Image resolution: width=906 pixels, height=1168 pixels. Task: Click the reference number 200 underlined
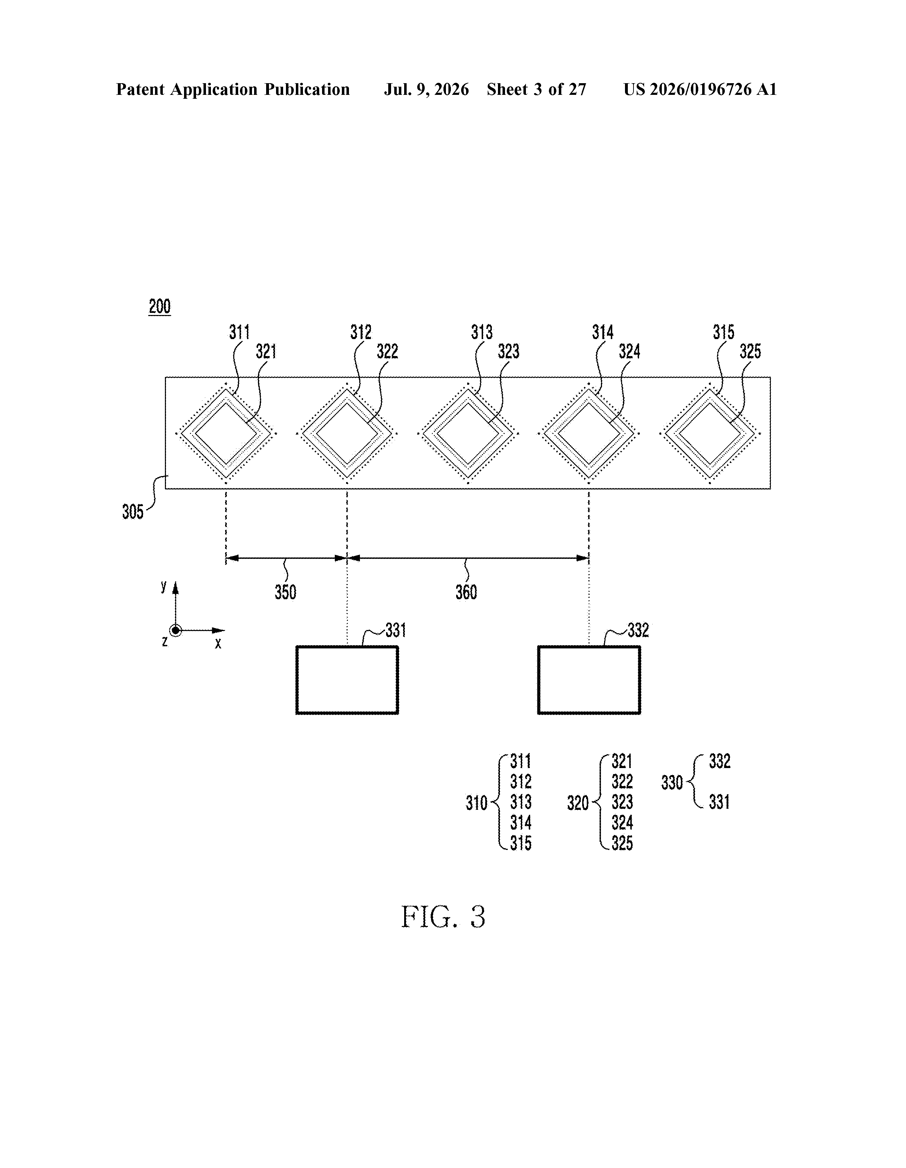159,307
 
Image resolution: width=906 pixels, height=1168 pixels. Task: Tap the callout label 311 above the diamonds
240,333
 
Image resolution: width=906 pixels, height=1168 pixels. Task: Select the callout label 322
387,351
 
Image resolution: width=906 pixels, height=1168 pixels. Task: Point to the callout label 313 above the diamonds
481,333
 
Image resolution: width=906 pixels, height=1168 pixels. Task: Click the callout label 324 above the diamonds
630,351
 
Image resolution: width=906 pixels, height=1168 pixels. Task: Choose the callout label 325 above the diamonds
750,351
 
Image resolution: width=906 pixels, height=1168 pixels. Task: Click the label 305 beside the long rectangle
133,512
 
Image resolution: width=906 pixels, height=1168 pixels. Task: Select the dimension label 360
466,592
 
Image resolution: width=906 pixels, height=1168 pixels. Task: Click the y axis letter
164,587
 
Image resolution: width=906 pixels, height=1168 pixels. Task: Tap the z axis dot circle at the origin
175,630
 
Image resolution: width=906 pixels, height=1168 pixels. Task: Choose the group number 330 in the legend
672,783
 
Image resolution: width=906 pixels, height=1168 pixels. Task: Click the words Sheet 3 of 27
537,89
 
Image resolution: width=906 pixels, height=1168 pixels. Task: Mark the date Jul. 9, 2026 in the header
426,89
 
